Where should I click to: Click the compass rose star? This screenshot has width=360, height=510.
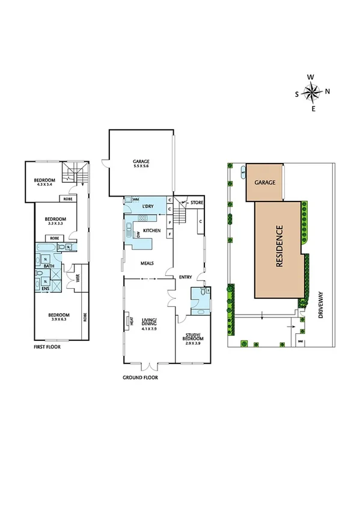(x=311, y=93)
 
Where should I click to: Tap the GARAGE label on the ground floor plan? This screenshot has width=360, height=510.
(x=141, y=161)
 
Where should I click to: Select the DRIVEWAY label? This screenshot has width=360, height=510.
(x=321, y=306)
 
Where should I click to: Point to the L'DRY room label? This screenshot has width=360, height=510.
(x=149, y=207)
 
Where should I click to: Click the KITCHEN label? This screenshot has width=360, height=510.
(x=151, y=231)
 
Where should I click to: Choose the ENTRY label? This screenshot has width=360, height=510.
(x=185, y=277)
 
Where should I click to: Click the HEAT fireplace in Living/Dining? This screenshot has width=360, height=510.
(x=128, y=322)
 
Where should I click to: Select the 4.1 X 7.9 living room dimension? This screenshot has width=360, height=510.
(x=149, y=329)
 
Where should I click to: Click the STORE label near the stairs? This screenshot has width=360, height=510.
(x=197, y=203)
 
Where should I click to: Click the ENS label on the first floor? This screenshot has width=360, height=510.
(x=45, y=289)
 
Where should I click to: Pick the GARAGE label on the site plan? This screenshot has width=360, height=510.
(x=264, y=182)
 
